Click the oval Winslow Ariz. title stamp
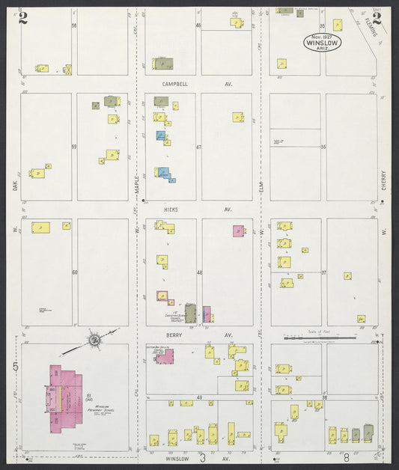[322, 42]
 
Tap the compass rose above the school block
[95, 341]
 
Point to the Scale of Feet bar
[329, 338]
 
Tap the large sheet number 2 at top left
[23, 18]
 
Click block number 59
[74, 147]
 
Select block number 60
[74, 272]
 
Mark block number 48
[199, 272]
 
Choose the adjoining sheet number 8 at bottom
[347, 456]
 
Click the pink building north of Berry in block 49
[164, 355]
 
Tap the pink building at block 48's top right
[238, 231]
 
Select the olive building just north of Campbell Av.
[162, 64]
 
